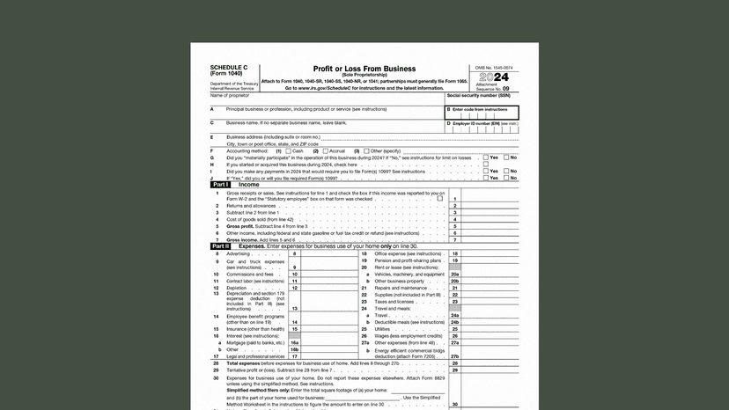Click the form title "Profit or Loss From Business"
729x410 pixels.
pyautogui.click(x=364, y=69)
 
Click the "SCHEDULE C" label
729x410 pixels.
pyautogui.click(x=227, y=68)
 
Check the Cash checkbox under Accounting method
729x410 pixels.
pyautogui.click(x=288, y=150)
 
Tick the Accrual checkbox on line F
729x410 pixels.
pyautogui.click(x=323, y=150)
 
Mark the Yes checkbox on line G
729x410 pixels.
pyautogui.click(x=485, y=157)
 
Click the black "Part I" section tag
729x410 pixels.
pyautogui.click(x=220, y=185)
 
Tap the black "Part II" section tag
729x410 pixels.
pyautogui.click(x=220, y=246)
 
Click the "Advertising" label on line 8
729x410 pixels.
pyautogui.click(x=239, y=253)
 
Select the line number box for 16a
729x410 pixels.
pyautogui.click(x=295, y=342)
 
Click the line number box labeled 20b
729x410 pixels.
pyautogui.click(x=454, y=281)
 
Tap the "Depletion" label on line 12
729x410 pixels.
pyautogui.click(x=237, y=288)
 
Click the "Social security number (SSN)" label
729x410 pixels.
pyautogui.click(x=482, y=95)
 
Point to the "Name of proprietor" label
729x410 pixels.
pyautogui.click(x=230, y=95)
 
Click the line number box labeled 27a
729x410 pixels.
pyautogui.click(x=454, y=342)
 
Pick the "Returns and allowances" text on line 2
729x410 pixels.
pyautogui.click(x=254, y=206)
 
